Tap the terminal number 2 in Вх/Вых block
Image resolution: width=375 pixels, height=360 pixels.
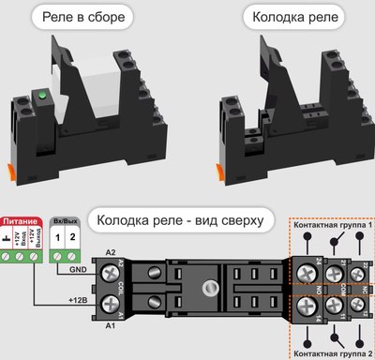71,239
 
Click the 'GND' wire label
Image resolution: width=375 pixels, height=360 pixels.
80,269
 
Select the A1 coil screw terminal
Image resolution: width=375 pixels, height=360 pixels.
112,302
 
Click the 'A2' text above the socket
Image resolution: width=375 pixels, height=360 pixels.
111,252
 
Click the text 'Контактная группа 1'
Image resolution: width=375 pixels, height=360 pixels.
333,226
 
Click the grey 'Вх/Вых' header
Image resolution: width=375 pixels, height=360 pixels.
64,217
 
